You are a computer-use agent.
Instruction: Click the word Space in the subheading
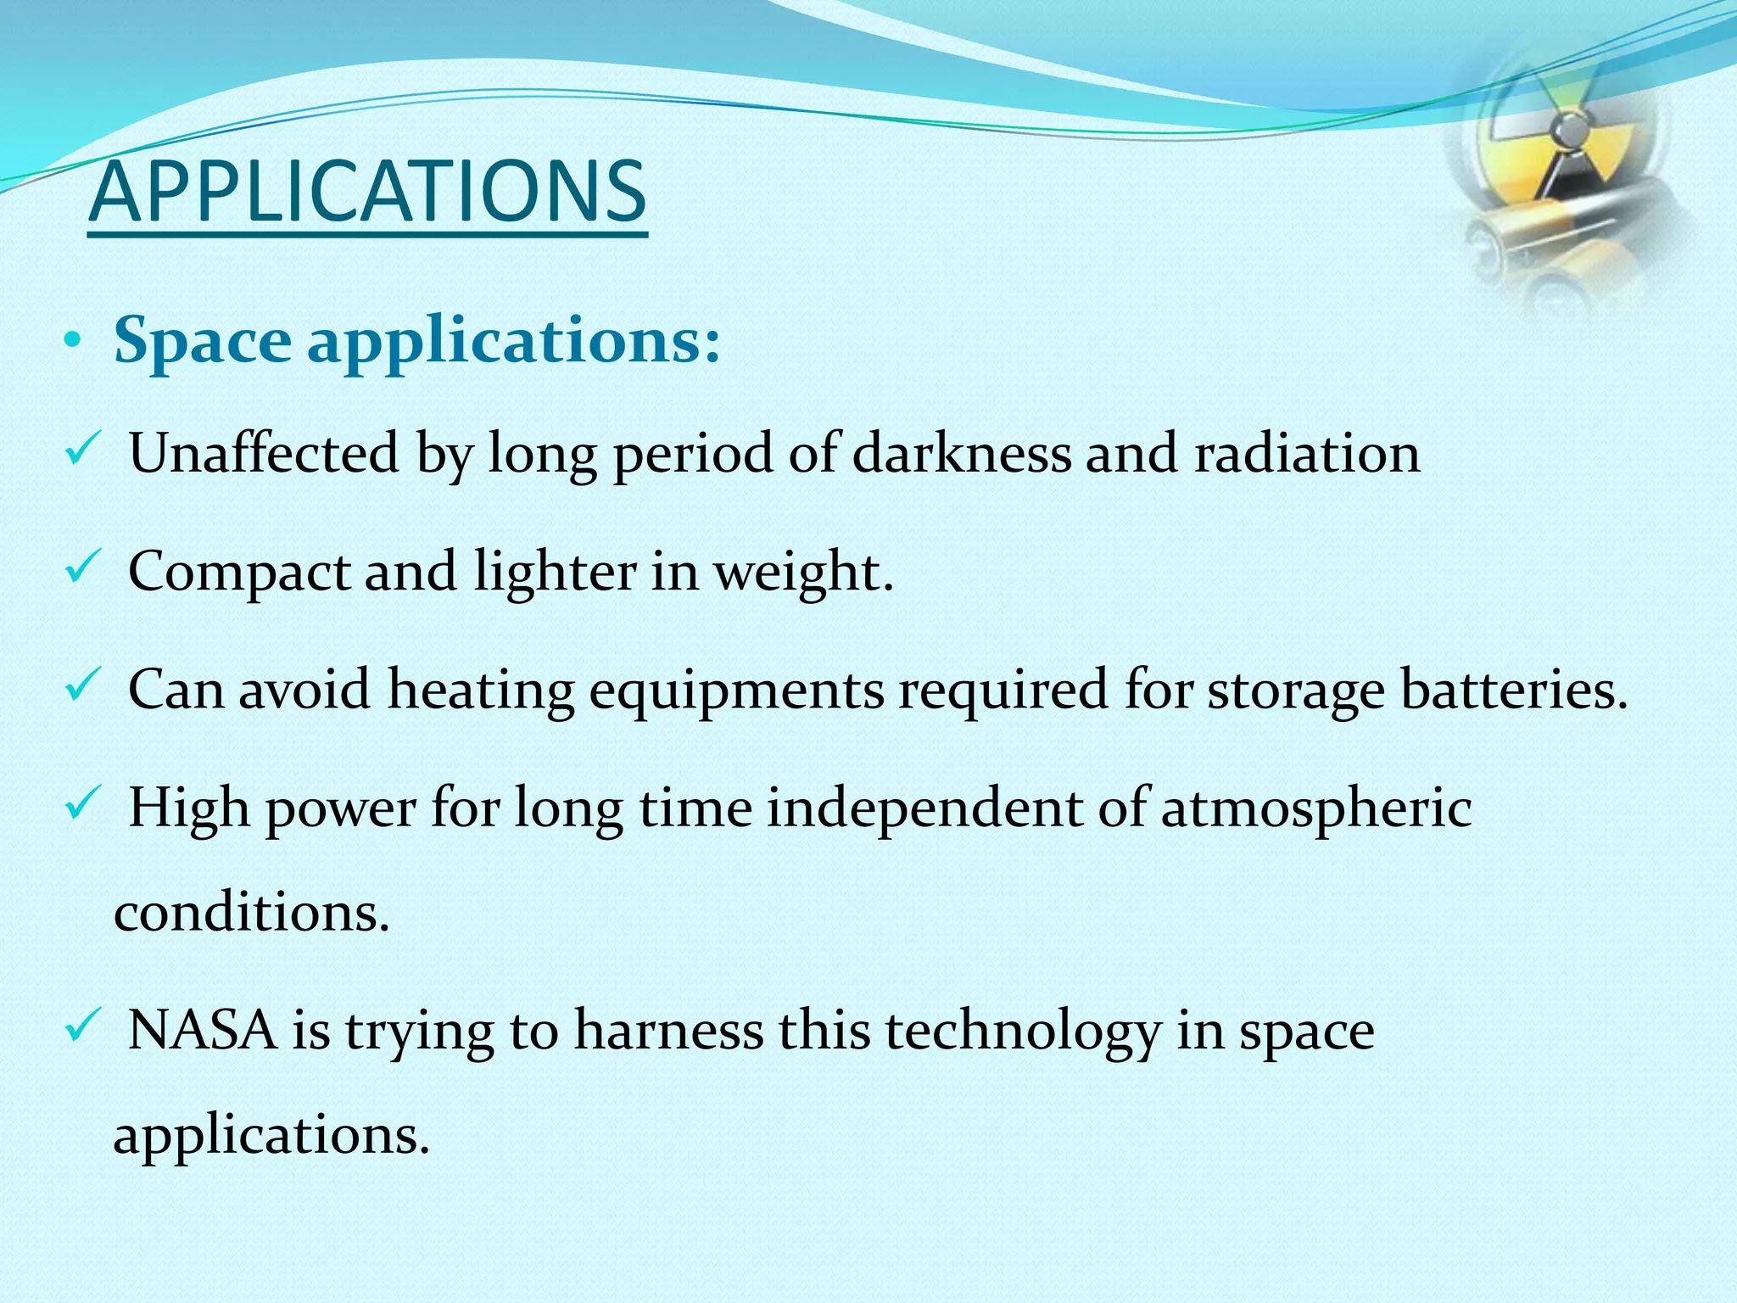click(203, 340)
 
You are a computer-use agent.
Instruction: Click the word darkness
click(962, 452)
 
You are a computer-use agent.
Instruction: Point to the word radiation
click(1307, 452)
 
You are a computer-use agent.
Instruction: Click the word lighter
click(555, 570)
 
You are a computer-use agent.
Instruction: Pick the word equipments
click(736, 690)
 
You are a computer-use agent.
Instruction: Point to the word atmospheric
click(1315, 808)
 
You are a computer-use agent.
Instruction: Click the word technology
click(1022, 1032)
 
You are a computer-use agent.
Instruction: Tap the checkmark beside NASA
click(82, 1028)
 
